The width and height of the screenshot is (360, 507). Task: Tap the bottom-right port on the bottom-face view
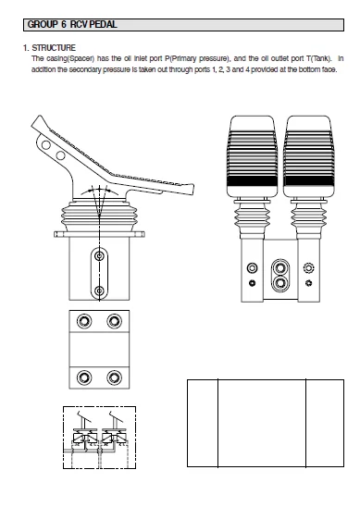[x=115, y=377]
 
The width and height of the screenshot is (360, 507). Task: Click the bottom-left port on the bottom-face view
[x=85, y=377]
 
